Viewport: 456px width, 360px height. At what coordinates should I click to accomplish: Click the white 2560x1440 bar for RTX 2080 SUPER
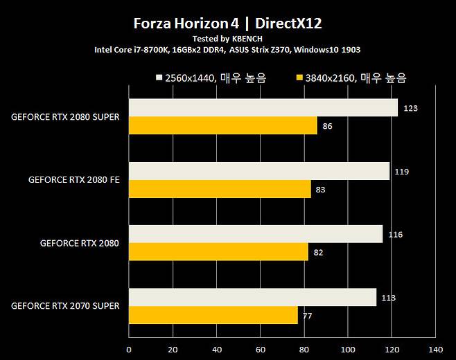pos(263,108)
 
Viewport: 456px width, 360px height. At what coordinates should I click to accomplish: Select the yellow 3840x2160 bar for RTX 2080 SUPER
pos(222,125)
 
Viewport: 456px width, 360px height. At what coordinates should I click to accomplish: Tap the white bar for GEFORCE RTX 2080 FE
pos(259,171)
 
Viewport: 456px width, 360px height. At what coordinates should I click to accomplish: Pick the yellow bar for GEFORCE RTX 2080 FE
pos(220,189)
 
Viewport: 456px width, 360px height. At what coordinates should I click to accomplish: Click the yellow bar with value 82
pos(218,252)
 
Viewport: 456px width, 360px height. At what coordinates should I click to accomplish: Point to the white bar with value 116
pos(256,234)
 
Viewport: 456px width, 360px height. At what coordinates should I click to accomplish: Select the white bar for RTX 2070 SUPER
pos(252,297)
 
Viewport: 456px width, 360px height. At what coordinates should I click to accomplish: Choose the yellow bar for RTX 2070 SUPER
pos(213,315)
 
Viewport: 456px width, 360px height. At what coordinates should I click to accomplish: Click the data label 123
pos(411,109)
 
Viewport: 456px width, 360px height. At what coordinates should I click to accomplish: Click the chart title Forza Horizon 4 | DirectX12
pos(227,24)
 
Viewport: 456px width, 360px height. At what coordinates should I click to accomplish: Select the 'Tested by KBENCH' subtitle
pos(227,39)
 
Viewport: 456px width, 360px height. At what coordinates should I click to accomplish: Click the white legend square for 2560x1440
pos(159,78)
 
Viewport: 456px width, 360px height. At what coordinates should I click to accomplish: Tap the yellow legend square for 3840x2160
pos(299,78)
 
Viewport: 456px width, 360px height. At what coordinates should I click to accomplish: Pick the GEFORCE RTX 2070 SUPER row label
pos(65,306)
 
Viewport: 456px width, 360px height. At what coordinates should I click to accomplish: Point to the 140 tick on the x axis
pos(435,349)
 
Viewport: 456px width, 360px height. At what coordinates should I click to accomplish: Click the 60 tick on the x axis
pos(260,349)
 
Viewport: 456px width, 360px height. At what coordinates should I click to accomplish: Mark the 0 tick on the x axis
pos(129,349)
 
